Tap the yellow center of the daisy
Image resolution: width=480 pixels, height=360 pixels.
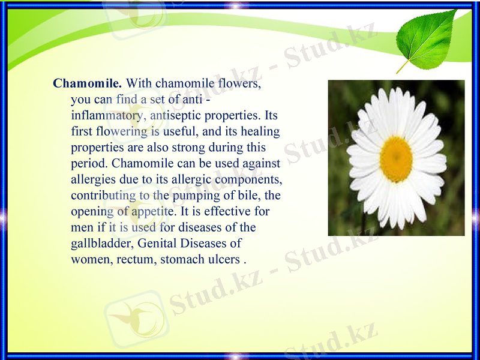pos(396,159)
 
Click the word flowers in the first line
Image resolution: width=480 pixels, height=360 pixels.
pos(239,83)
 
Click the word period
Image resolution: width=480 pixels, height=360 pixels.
pos(89,163)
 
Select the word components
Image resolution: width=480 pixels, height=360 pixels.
pos(249,179)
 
